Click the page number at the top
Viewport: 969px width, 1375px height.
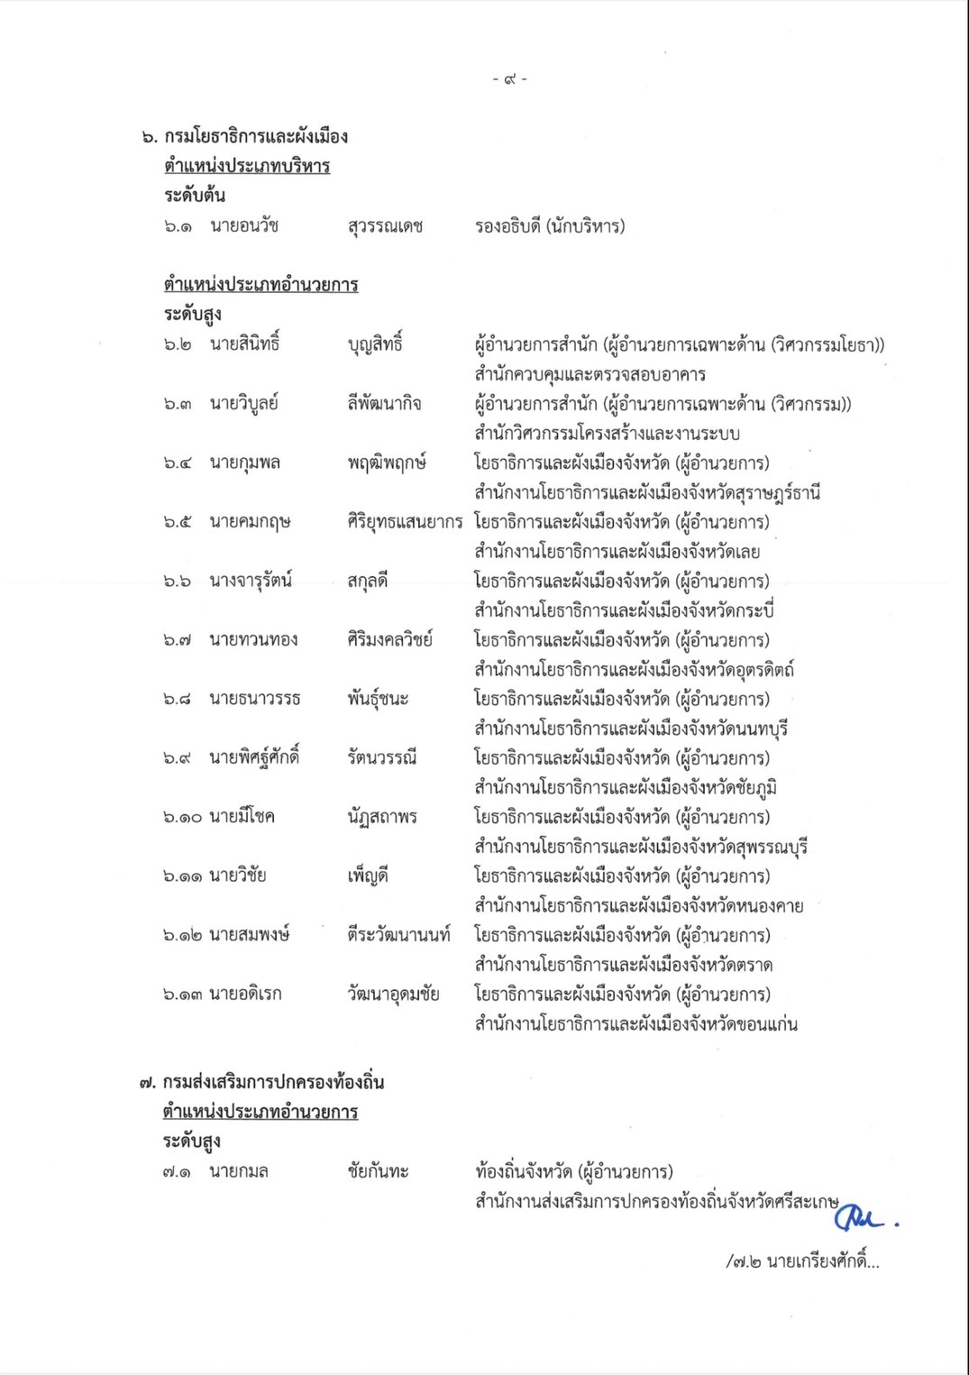pos(509,79)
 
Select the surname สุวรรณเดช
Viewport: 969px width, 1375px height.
pos(385,226)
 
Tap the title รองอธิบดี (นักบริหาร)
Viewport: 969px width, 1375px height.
pos(550,226)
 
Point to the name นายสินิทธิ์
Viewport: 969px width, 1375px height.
pos(244,344)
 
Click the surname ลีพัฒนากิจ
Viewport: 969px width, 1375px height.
pos(384,404)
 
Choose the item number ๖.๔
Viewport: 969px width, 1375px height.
pos(178,463)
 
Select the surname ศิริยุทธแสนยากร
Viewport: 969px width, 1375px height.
pos(405,522)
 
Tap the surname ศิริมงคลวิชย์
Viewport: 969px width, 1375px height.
pos(389,640)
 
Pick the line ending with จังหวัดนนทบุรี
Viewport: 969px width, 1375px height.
pos(632,729)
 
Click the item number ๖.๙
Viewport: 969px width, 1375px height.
pos(178,758)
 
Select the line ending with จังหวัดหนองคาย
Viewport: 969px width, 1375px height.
pos(639,905)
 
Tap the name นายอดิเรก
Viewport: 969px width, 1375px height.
pos(245,995)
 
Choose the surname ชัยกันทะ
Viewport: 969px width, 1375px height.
pos(378,1172)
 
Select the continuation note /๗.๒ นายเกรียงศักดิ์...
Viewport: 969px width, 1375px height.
pos(802,1262)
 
